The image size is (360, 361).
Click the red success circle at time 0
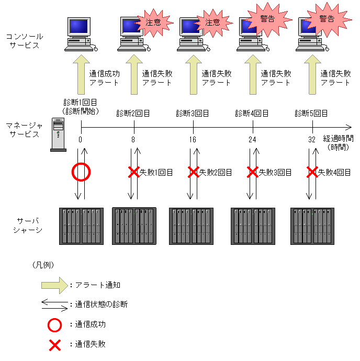pos(81,172)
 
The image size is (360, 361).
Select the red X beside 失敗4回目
pos(312,172)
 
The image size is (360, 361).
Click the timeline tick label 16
pos(193,140)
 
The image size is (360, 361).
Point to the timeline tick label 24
pos(253,140)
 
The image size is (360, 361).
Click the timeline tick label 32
pos(312,140)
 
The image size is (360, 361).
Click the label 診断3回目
pos(193,113)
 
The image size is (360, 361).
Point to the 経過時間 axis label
pos(338,139)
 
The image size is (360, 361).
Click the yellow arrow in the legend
pos(54,285)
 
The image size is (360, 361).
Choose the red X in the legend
pos(54,344)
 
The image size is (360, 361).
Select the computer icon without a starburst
pos(80,34)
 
